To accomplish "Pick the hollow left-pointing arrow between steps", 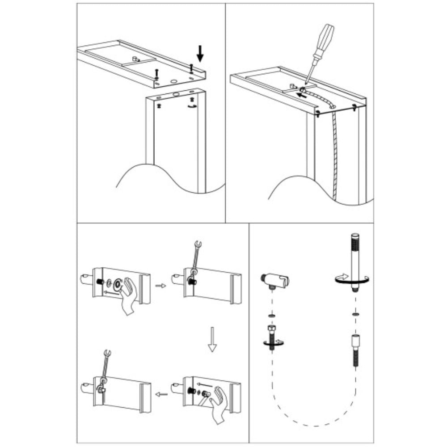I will coord(161,394).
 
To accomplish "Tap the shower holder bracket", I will coord(275,280).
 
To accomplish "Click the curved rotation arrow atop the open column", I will coord(192,106).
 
